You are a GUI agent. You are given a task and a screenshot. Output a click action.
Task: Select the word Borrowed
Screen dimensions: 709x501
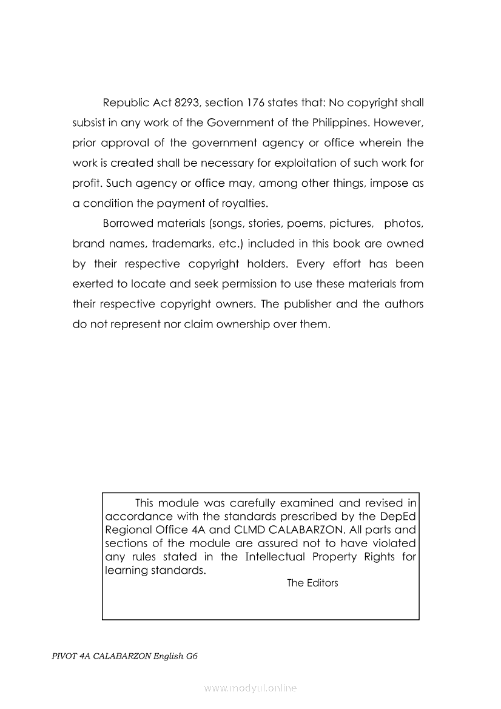127,224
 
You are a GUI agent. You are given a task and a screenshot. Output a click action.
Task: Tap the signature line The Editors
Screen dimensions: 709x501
312,583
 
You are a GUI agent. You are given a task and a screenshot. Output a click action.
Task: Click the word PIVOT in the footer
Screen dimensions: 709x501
65,657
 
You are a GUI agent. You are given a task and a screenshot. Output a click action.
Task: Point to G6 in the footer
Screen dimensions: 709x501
192,657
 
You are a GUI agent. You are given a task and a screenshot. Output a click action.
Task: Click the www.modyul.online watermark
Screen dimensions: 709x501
250,688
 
